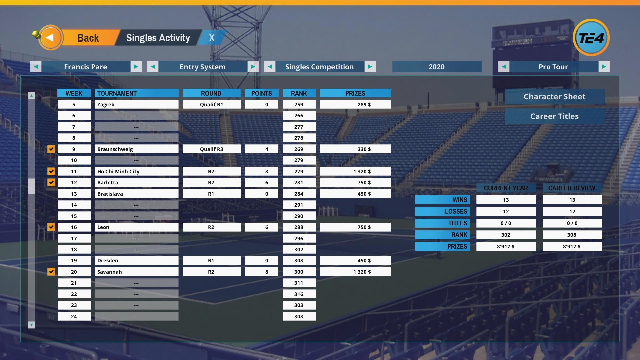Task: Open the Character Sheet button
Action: (554, 97)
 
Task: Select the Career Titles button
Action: (554, 116)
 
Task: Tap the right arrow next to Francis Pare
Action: (136, 67)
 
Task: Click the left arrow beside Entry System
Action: (153, 67)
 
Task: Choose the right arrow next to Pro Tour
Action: (604, 67)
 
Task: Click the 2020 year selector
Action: (437, 67)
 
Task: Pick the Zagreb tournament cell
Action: (136, 104)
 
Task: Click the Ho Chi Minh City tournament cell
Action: (136, 171)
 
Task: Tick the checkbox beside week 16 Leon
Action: (51, 227)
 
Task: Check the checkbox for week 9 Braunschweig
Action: (51, 149)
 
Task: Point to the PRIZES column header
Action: (355, 93)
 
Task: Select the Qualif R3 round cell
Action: (211, 149)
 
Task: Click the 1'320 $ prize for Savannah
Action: (355, 272)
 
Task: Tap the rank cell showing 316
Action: (299, 294)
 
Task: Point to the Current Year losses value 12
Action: (506, 211)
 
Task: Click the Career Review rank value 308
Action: (572, 235)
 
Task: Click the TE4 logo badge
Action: (591, 38)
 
